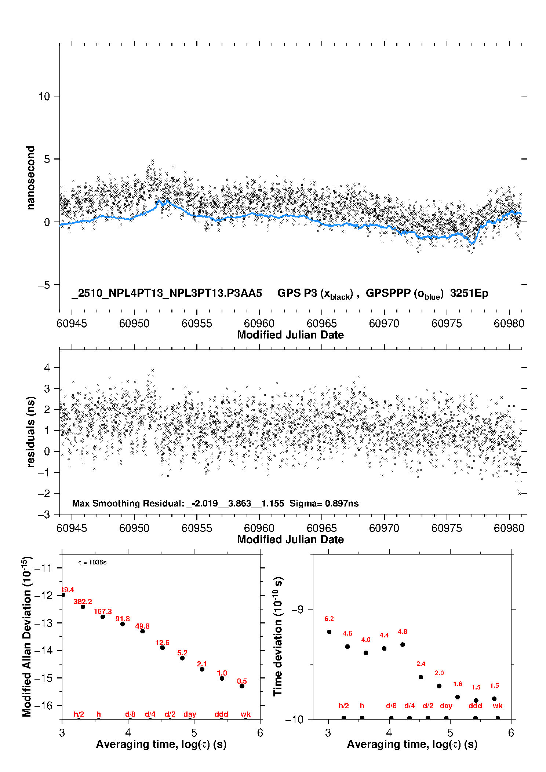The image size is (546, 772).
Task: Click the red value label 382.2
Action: point(83,601)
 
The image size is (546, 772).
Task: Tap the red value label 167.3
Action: point(102,611)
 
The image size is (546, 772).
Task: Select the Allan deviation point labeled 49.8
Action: point(142,631)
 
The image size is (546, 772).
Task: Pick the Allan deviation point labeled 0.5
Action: point(242,686)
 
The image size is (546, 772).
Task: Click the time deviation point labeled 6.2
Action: point(329,632)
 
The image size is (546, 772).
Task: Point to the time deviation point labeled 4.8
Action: point(403,644)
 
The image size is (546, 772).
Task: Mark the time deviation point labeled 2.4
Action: point(421,677)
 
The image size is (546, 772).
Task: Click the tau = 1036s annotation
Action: point(92,563)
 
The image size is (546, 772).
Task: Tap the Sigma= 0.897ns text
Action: point(324,503)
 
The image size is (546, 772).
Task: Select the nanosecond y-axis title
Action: point(30,178)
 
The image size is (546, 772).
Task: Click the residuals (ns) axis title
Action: point(31,432)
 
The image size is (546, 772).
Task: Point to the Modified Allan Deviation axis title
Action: point(26,636)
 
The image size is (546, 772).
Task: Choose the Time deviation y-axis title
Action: point(278,636)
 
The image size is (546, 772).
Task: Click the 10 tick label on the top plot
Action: point(44,96)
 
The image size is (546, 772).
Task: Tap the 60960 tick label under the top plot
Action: point(259,323)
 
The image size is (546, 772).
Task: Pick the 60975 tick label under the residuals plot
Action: point(447,528)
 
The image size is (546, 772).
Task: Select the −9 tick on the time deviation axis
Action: point(298,609)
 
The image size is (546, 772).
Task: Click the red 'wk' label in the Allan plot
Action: point(245,714)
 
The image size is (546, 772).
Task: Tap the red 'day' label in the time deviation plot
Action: point(446,706)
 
